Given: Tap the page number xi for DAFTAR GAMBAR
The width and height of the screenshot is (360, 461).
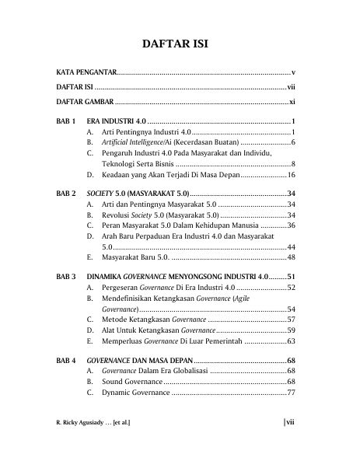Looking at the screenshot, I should (292, 102).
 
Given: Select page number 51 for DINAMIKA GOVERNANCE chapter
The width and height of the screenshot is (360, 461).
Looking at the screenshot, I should (291, 276).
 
